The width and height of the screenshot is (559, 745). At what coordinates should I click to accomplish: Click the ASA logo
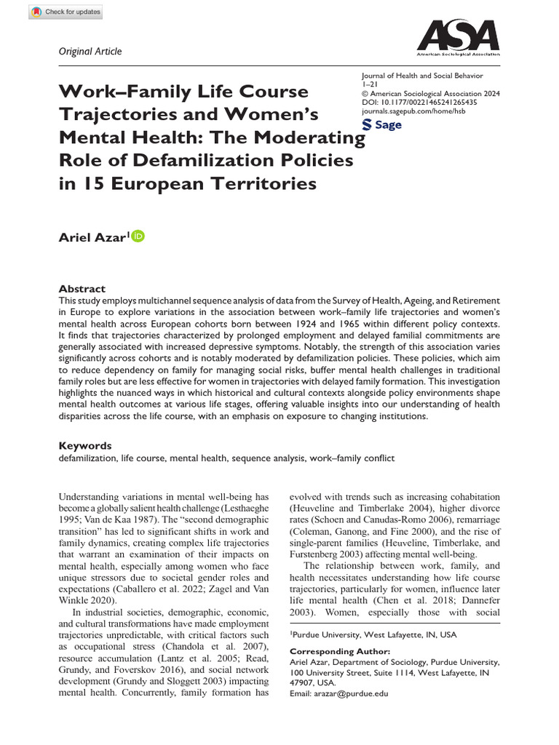click(457, 39)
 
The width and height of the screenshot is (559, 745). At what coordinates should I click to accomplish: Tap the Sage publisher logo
click(381, 124)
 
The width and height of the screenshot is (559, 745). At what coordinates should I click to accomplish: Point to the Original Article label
click(90, 51)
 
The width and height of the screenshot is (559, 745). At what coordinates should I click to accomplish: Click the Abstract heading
click(82, 289)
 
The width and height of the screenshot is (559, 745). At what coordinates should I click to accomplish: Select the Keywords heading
click(85, 445)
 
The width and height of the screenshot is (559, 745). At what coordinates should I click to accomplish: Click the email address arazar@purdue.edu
click(339, 693)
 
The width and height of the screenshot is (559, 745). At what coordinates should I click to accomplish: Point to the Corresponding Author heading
click(340, 652)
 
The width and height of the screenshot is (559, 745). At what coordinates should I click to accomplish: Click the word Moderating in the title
click(312, 137)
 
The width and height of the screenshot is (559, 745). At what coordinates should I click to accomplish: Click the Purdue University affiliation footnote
click(374, 634)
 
